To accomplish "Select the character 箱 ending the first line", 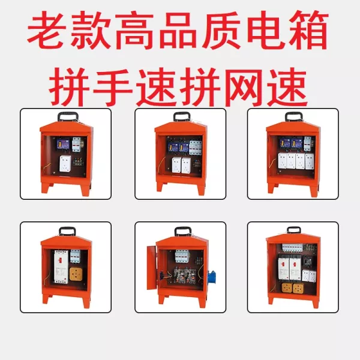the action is (x=309, y=31).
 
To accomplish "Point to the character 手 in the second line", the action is (x=113, y=87).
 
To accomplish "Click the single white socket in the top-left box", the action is (x=65, y=163).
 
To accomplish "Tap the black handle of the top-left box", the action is (x=67, y=116).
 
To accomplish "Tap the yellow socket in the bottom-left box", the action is (x=76, y=275).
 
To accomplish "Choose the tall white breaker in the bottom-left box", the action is (x=61, y=267).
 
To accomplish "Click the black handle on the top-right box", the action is (x=293, y=116).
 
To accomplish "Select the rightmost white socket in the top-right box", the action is (x=310, y=161).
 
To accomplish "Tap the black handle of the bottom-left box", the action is (x=67, y=230).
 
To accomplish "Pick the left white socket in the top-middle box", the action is (x=176, y=166).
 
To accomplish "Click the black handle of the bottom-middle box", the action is (x=183, y=230).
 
